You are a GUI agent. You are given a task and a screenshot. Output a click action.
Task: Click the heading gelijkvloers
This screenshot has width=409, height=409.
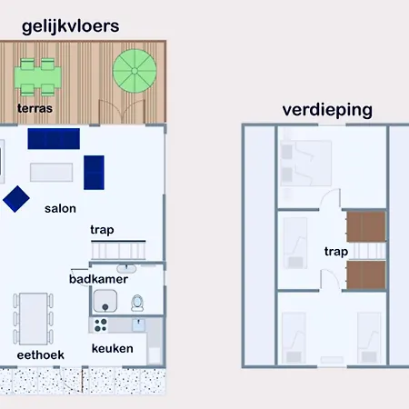pos(71,26)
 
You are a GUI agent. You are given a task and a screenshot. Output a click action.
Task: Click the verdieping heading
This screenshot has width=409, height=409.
pos(327,110)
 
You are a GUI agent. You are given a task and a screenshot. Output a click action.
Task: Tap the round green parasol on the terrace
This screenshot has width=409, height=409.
pos(135,71)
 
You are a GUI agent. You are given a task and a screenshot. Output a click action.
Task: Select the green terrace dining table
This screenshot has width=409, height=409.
pos(37,77)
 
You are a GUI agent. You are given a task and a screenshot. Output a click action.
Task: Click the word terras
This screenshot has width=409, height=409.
pos(35,108)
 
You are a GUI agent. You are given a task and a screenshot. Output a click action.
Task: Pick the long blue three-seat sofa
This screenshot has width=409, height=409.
pos(54,139)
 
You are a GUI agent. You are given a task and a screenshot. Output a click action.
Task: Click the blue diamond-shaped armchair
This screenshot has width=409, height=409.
pos(16,199)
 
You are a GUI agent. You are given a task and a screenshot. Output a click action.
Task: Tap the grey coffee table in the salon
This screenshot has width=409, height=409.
pos(52,172)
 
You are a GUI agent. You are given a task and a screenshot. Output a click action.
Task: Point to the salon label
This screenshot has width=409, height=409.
pos(60,209)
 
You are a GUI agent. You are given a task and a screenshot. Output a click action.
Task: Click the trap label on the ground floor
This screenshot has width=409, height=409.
pos(102,230)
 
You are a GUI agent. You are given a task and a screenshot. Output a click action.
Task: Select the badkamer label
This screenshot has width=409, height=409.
pos(98,279)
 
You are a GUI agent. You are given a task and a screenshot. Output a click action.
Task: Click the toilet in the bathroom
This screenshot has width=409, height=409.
pos(137,303)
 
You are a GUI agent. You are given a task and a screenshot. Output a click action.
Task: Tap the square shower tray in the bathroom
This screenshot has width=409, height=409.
pos(105,301)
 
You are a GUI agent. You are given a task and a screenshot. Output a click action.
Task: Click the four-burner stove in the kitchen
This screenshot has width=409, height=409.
pos(100,325)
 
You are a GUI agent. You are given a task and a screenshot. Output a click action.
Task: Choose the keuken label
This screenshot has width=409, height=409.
pos(113,349)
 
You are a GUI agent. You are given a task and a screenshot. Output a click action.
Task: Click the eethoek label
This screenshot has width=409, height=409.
pos(41,355)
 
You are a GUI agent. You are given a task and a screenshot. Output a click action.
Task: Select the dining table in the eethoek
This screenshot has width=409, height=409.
pos(34,319)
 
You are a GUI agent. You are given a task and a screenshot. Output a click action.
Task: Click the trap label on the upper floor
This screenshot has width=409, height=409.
pos(336,252)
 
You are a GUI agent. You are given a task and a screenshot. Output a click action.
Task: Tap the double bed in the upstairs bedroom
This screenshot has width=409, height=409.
pos(305,163)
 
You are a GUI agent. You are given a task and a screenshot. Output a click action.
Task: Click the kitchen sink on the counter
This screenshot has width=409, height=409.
pos(138,324)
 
